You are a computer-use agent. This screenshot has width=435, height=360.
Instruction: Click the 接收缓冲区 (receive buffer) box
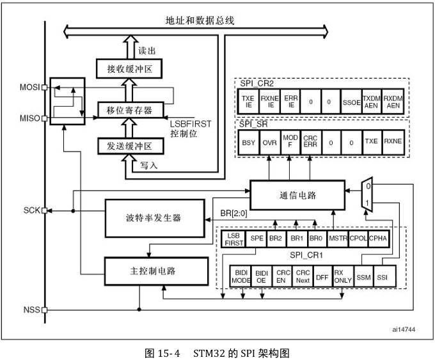129,68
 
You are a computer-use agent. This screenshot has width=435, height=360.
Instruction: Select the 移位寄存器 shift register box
129,110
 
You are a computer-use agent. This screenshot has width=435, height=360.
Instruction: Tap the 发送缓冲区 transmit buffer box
129,146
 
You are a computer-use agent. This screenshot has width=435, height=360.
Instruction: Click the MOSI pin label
29,87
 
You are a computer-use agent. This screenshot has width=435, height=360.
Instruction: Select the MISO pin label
29,118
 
